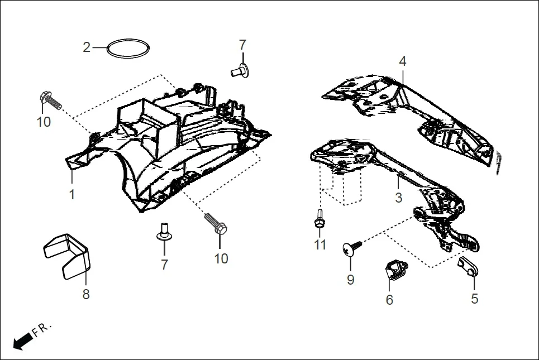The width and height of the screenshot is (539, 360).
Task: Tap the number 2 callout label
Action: [87, 47]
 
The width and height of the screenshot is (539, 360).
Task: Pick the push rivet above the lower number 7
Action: [164, 232]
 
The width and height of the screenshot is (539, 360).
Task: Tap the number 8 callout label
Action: [86, 295]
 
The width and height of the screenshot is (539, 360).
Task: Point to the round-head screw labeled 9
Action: [351, 250]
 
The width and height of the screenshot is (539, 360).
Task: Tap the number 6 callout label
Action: [389, 300]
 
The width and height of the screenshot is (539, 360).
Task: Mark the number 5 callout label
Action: [474, 299]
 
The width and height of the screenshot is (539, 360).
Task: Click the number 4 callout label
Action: [403, 61]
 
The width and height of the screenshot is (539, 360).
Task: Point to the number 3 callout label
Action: [398, 198]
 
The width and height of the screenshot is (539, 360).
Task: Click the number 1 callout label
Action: [72, 195]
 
